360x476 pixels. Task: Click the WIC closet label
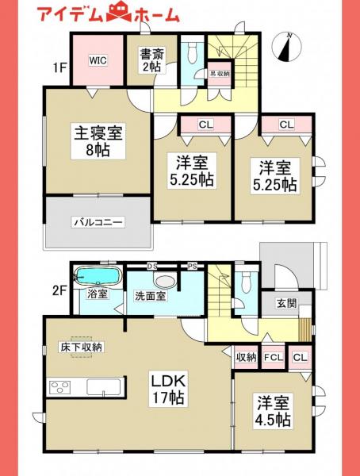[98, 60]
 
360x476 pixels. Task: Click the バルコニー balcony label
[98, 223]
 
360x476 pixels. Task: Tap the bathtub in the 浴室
[97, 278]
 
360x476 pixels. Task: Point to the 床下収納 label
[81, 346]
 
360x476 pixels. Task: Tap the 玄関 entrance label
[286, 302]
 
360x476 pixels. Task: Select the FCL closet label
[273, 357]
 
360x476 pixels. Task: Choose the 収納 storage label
[245, 357]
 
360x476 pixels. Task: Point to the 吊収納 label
[219, 74]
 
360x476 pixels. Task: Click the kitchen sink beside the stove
[104, 388]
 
